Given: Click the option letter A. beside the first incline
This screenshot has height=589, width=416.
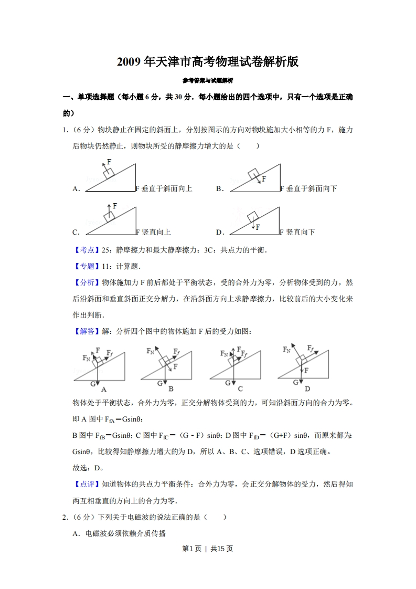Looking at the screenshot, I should pos(76,189).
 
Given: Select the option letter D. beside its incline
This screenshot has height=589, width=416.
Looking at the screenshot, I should pos(220,232).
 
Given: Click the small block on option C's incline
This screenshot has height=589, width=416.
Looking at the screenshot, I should pos(110,217).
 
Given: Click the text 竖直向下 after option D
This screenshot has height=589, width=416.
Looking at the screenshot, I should pos(301,232).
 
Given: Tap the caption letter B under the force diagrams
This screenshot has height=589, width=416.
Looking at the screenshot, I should pos(171,389).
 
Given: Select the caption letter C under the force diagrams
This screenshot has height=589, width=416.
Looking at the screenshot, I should pos(240,389).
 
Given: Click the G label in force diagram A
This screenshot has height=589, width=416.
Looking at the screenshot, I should pos(93,384).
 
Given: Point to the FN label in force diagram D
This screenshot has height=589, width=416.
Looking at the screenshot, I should pos(286,349).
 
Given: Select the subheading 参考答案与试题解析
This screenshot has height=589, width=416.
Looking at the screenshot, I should pos(208,81).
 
